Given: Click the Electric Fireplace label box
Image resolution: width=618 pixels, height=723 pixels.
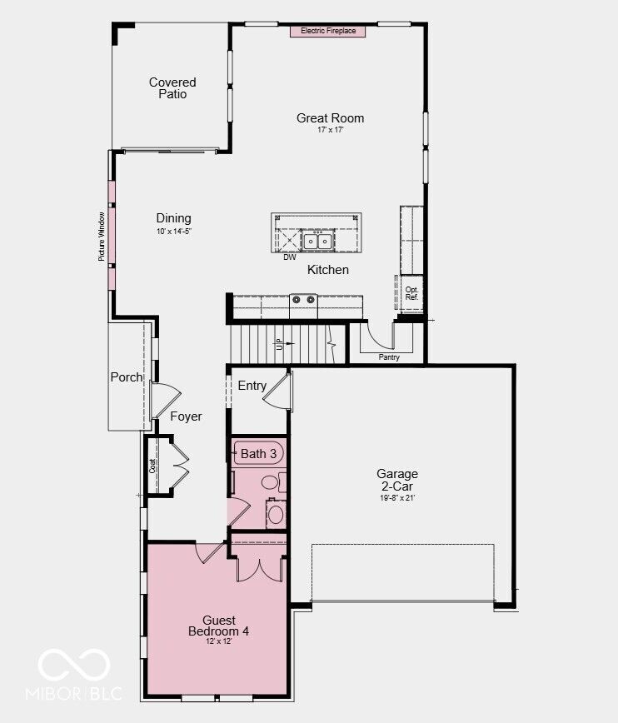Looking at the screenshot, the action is point(328,31).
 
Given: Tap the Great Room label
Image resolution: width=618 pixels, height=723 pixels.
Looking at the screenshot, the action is point(330,118).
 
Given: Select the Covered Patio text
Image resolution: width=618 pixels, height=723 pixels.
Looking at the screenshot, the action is point(172,88).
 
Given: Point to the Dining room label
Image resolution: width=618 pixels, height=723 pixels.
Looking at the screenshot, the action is point(173,218).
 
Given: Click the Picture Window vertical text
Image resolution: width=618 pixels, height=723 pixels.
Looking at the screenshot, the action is point(102,237).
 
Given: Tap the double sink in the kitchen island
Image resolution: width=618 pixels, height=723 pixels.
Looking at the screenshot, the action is point(318,241).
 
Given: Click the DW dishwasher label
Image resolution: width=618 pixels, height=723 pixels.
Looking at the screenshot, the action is point(290,257).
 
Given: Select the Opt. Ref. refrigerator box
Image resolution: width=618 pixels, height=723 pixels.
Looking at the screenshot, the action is point(411,293).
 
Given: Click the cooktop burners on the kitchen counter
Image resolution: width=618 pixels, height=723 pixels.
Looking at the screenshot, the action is point(303,300).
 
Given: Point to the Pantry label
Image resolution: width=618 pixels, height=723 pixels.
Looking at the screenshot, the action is point(389,357).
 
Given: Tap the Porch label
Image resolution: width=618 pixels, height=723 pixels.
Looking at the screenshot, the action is point(127,377).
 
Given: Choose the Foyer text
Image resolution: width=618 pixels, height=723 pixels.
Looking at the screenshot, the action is point(186,416).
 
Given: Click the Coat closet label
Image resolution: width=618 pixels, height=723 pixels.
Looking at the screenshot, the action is point(152,466).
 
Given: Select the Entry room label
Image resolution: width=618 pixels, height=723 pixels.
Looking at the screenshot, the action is point(252,386).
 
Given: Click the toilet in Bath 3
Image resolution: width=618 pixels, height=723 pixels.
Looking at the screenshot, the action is point(273,482).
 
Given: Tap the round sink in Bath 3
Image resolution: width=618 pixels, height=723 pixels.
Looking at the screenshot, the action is point(276,514).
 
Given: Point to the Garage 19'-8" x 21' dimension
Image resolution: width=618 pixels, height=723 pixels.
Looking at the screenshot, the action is point(397,498).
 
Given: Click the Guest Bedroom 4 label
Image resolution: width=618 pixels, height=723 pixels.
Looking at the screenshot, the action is point(218,626).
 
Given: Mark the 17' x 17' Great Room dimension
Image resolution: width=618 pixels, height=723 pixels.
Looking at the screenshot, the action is point(330,130).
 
